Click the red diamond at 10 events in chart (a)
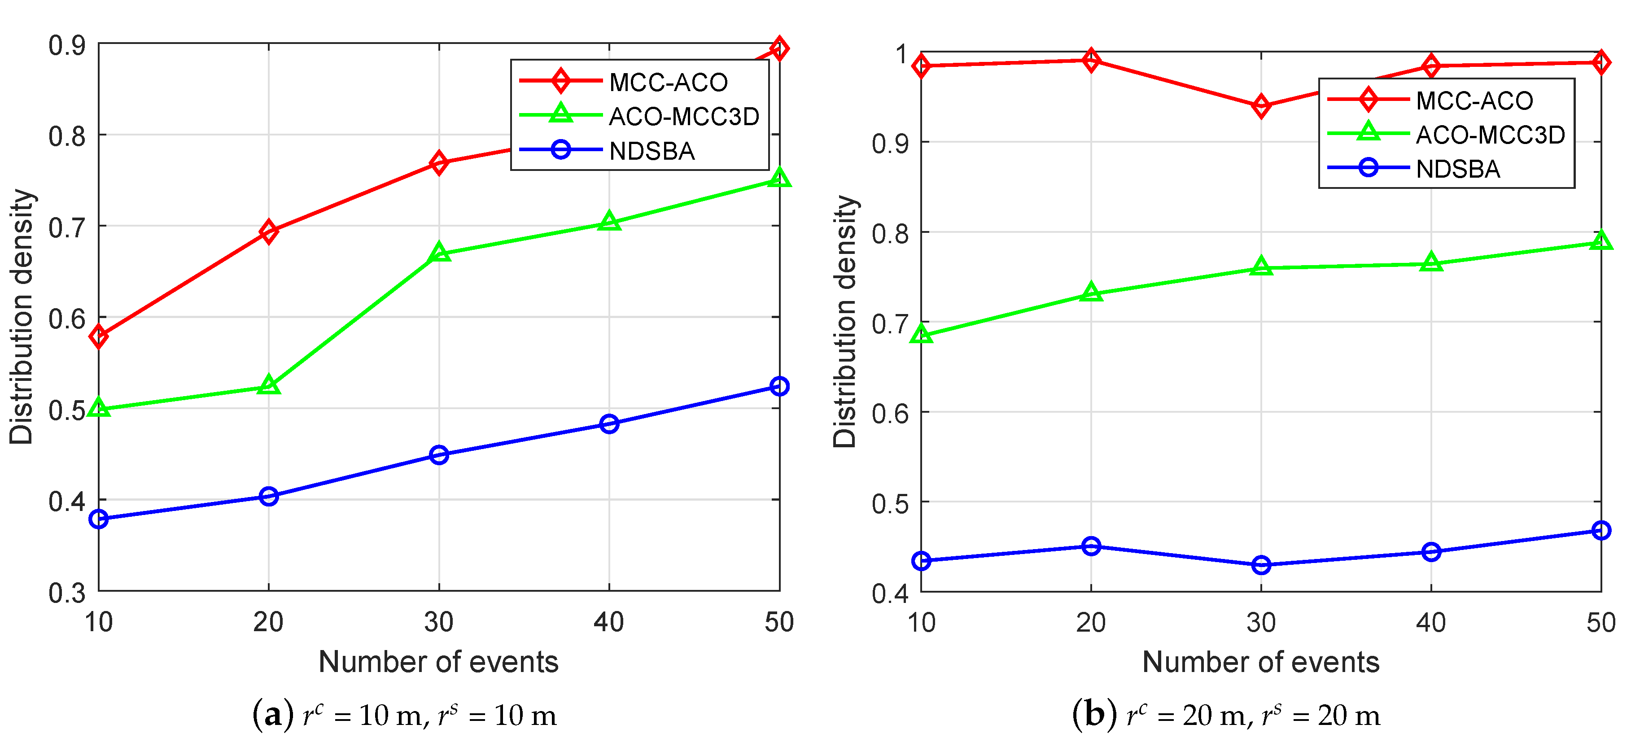pos(99,336)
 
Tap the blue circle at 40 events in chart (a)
pos(609,423)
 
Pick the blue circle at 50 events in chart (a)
pos(779,386)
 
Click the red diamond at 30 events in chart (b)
pos(1261,106)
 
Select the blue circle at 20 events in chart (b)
pos(1091,546)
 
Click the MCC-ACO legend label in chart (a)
pos(668,82)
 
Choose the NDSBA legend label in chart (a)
pos(652,151)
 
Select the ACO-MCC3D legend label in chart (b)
pos(1490,135)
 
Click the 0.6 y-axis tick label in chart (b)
pos(890,414)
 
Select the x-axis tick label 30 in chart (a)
pos(439,622)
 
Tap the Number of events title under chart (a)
pos(438,662)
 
